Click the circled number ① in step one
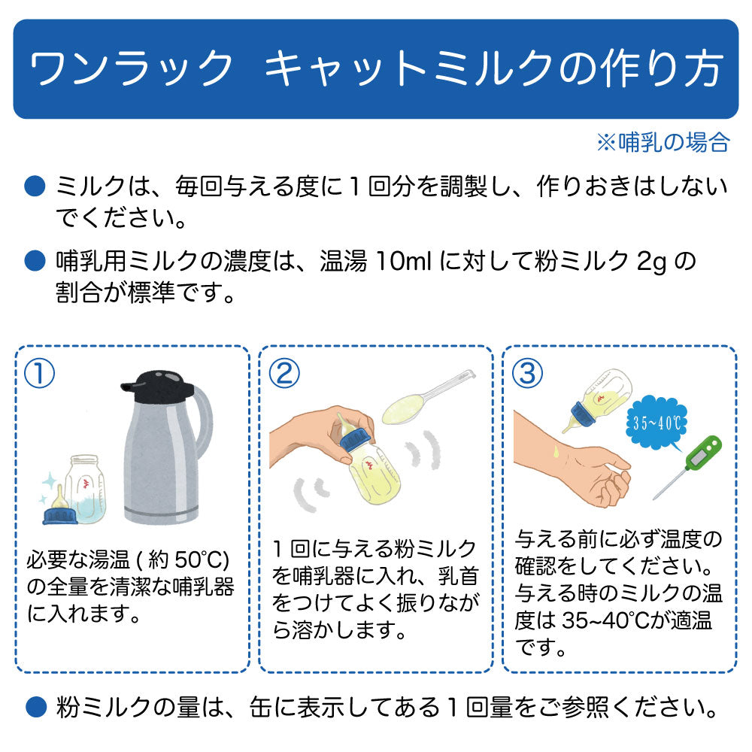pyautogui.click(x=39, y=374)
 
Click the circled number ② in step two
pyautogui.click(x=284, y=374)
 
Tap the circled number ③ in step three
pyautogui.click(x=528, y=374)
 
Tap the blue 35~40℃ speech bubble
pyautogui.click(x=656, y=423)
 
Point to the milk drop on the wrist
pyautogui.click(x=556, y=451)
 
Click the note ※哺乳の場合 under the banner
pyautogui.click(x=663, y=142)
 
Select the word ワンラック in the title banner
pyautogui.click(x=130, y=68)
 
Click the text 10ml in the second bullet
pyautogui.click(x=404, y=262)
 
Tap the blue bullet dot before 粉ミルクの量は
pyautogui.click(x=35, y=708)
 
